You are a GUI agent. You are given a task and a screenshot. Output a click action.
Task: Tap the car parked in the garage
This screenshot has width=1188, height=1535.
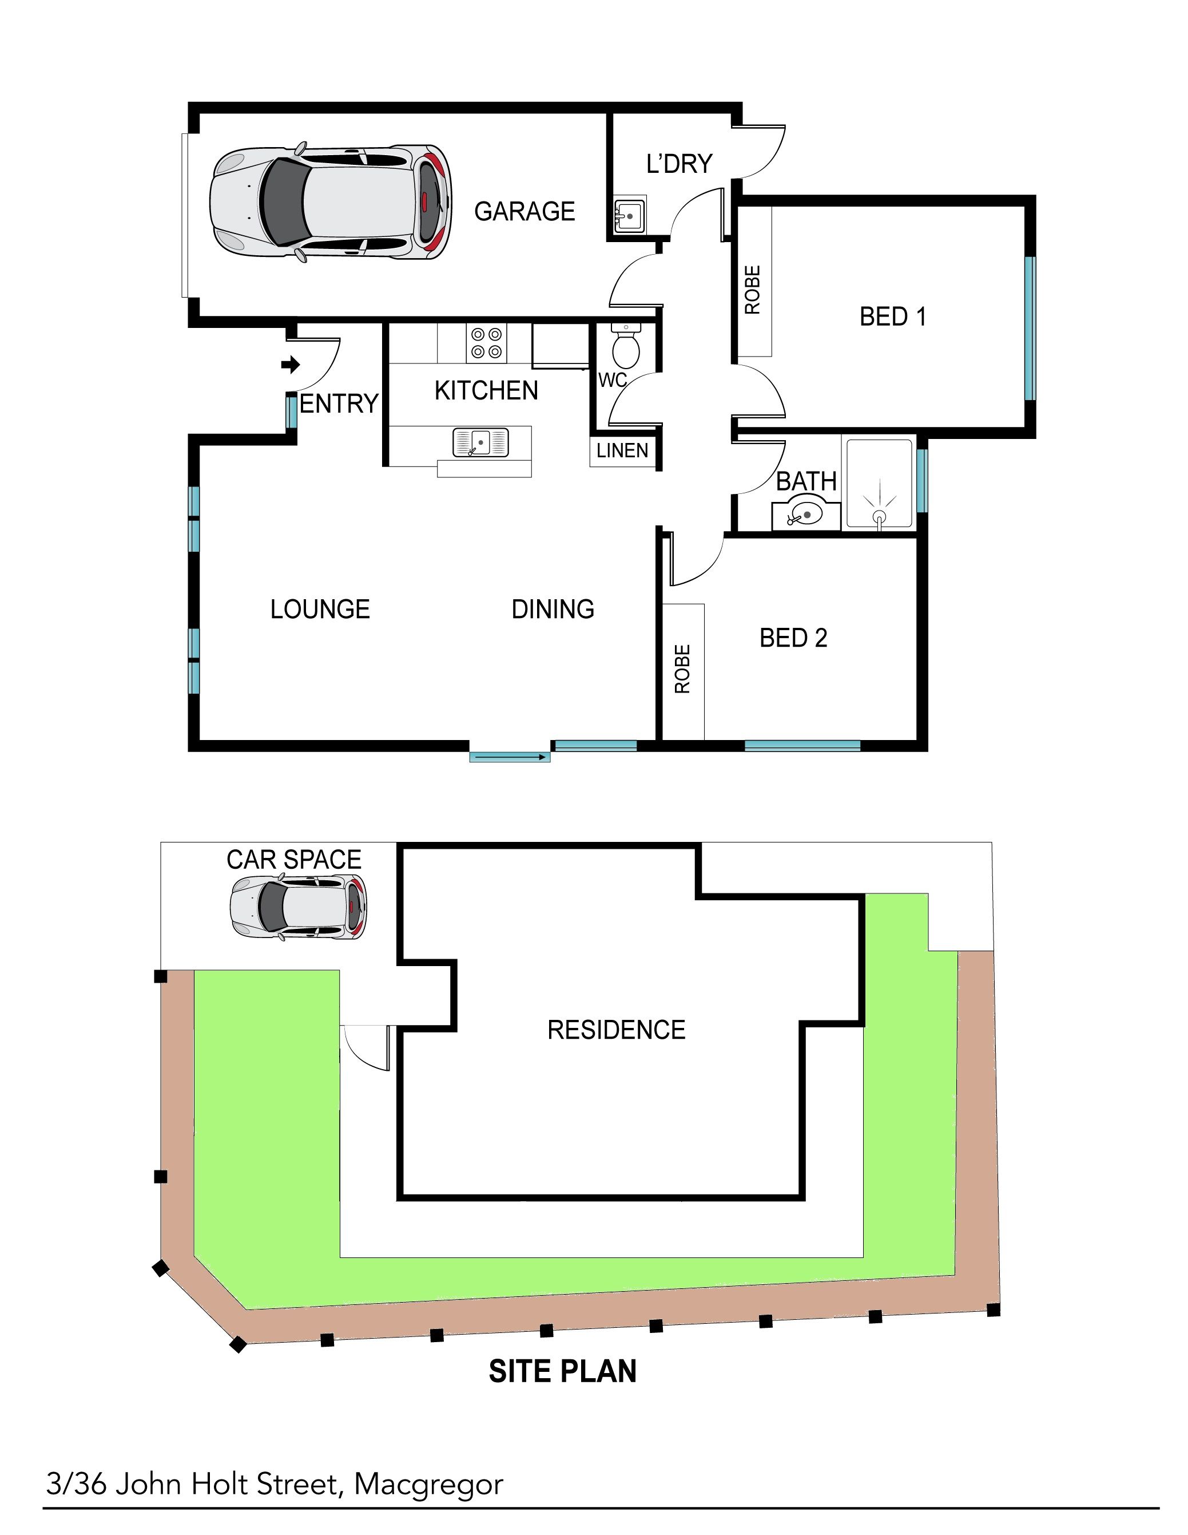tap(330, 204)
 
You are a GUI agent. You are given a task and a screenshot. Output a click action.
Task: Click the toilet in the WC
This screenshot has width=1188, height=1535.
tap(625, 346)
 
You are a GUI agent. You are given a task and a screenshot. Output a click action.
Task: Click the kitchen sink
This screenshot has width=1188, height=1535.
tap(480, 443)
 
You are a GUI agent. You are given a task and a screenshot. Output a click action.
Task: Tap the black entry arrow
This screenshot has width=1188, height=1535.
tap(290, 365)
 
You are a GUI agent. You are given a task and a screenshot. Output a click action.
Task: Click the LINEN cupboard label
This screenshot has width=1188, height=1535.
tap(622, 450)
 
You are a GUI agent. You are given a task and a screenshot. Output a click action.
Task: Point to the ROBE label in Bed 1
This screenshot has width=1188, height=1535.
tap(752, 290)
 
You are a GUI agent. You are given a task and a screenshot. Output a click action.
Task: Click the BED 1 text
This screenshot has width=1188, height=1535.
tap(893, 317)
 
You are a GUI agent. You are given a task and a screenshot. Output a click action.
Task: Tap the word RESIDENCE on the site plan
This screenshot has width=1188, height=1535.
tap(616, 1030)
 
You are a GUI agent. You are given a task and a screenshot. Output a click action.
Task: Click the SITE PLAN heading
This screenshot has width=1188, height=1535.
tap(563, 1371)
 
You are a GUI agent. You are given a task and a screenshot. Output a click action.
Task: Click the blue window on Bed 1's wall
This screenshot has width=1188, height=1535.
tap(1030, 328)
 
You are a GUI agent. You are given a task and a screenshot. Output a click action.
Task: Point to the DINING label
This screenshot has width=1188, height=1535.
tap(553, 610)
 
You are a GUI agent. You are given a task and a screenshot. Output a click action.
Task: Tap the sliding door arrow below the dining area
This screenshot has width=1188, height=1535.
tap(509, 757)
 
